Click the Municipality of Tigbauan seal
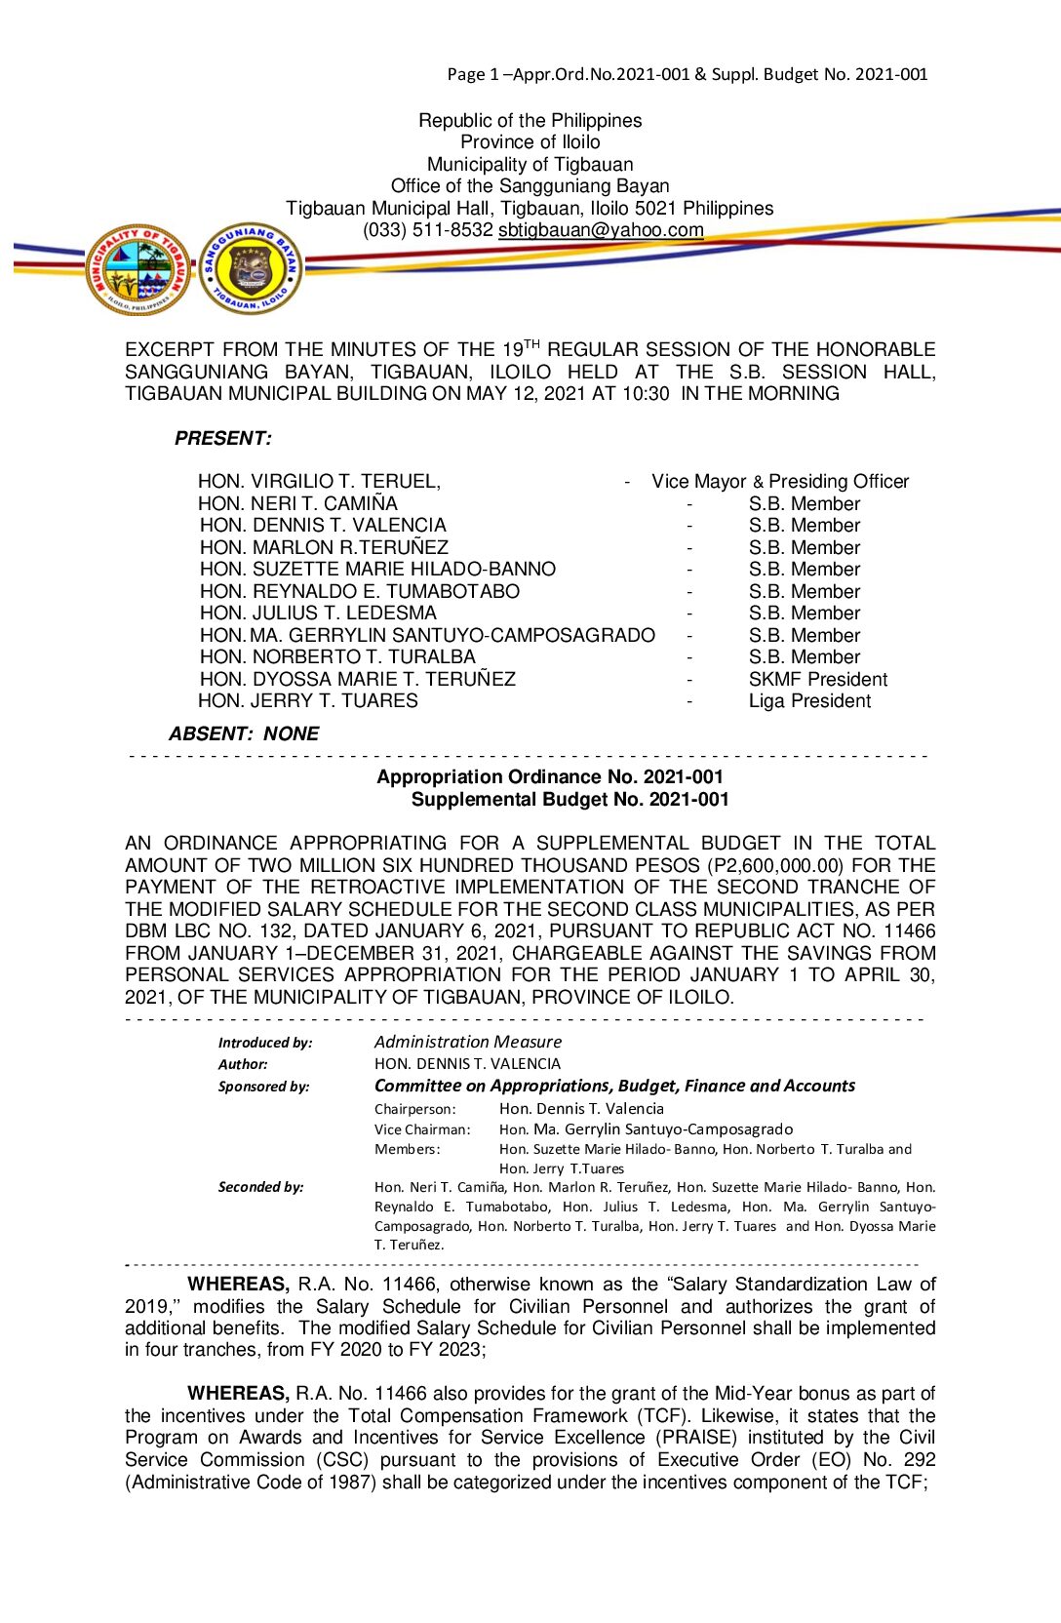(x=138, y=269)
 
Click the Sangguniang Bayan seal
(x=251, y=268)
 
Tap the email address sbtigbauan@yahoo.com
(x=601, y=230)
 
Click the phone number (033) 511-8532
(x=428, y=230)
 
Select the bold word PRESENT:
(x=223, y=439)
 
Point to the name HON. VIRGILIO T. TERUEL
(x=319, y=482)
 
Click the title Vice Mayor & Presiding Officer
(x=780, y=482)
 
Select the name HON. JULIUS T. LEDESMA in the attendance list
(x=318, y=614)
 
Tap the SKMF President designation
(x=818, y=680)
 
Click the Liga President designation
(x=809, y=701)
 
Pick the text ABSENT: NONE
(x=244, y=734)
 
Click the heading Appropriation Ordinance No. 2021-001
(x=550, y=777)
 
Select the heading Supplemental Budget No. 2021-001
(x=570, y=800)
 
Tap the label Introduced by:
(x=265, y=1043)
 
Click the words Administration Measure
(x=468, y=1042)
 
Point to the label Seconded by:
(x=260, y=1187)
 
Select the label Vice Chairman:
(x=422, y=1129)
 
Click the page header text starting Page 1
(x=688, y=74)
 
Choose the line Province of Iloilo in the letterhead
(x=530, y=142)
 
